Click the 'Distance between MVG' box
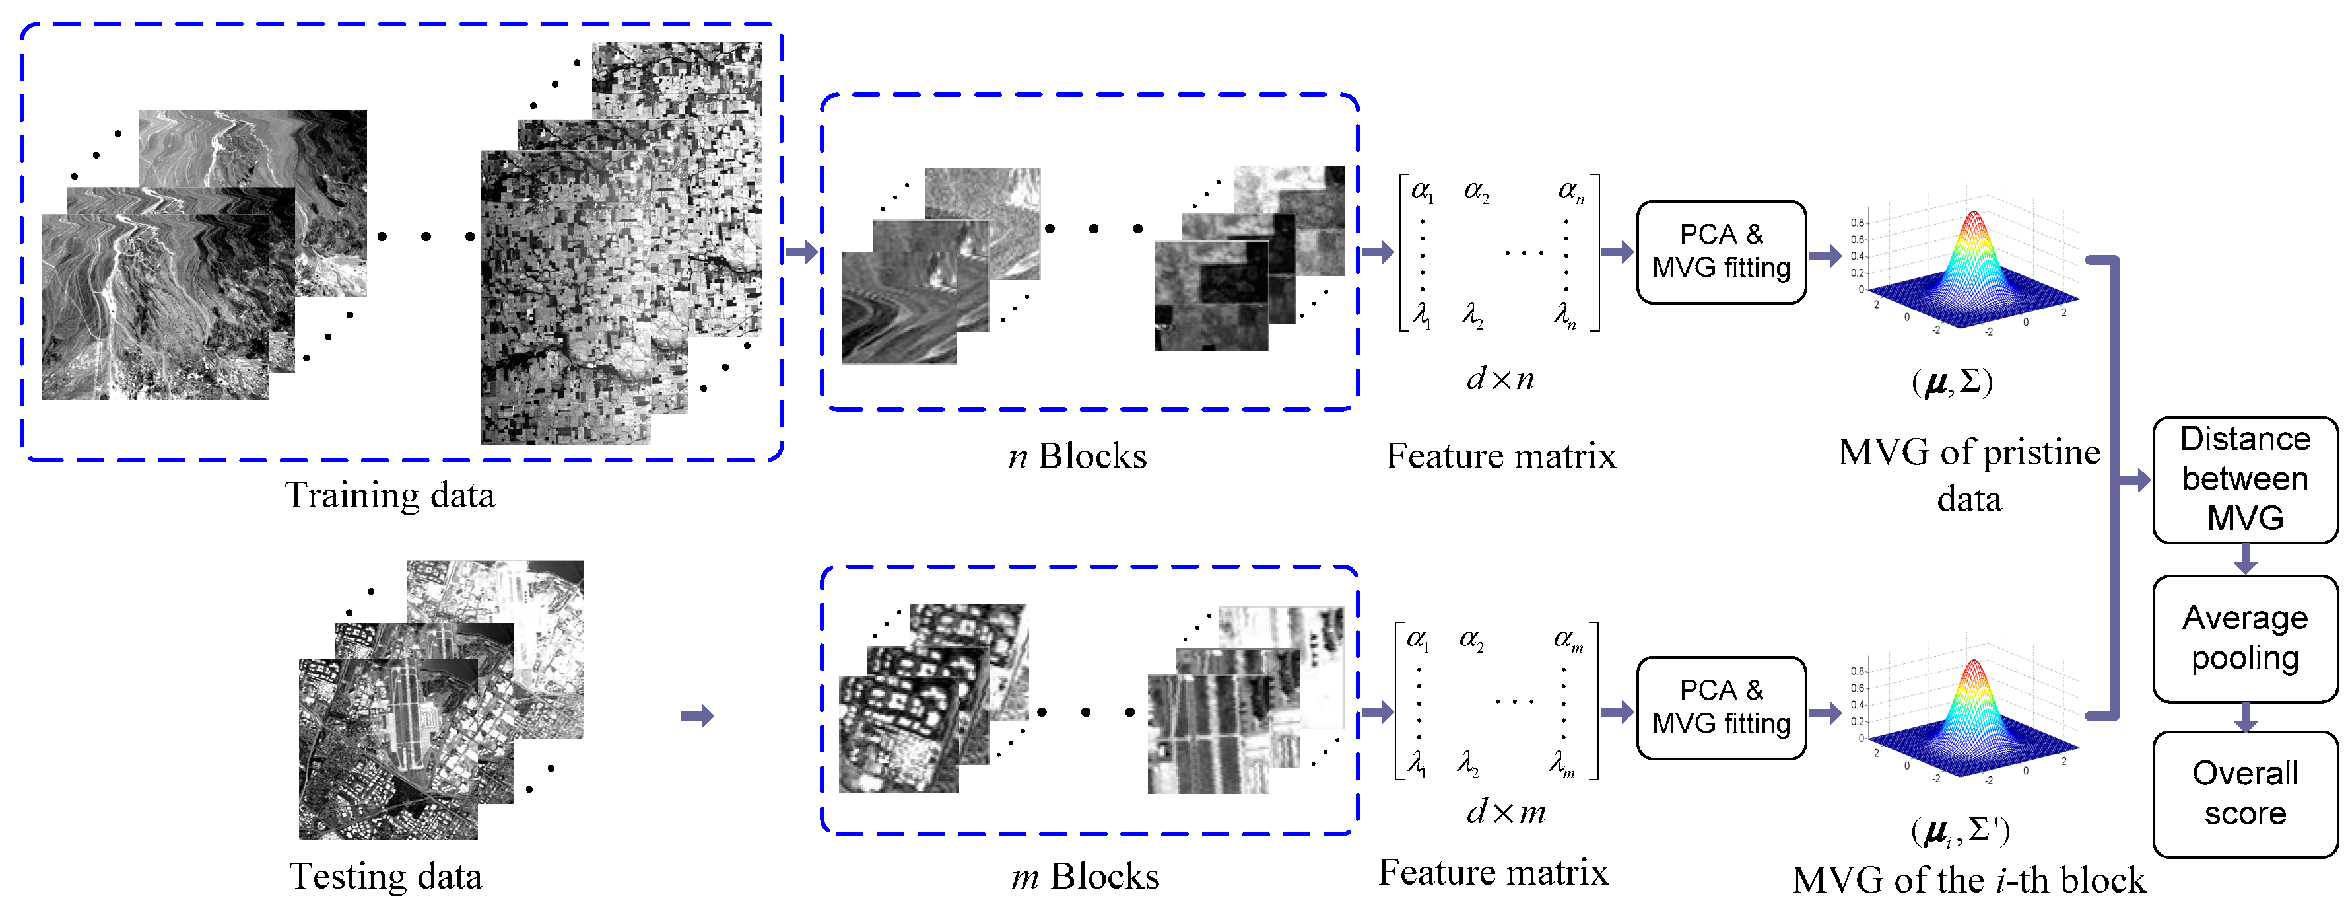click(2244, 479)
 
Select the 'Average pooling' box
click(2244, 638)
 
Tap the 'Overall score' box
click(2244, 793)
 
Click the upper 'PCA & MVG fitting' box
click(1720, 251)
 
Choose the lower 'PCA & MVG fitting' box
click(1720, 707)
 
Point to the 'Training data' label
click(390, 495)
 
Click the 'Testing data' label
click(386, 877)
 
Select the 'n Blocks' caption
click(1077, 456)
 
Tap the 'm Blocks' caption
click(1085, 877)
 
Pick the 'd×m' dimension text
click(1505, 812)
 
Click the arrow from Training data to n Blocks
click(801, 251)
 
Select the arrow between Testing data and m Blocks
click(697, 716)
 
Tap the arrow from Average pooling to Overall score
click(2245, 717)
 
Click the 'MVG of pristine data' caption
click(1969, 475)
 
